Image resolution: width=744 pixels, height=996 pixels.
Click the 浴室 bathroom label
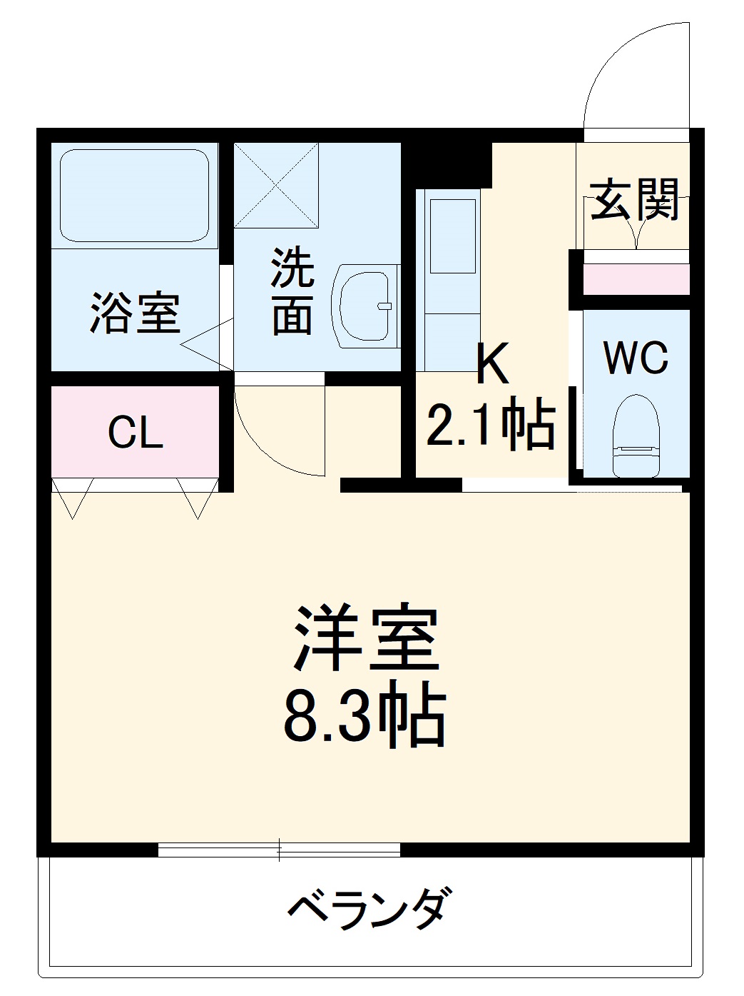134,313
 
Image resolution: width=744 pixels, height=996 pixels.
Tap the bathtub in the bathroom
134,196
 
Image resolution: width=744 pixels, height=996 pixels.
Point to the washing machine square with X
277,185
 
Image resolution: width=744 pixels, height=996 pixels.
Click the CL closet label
136,432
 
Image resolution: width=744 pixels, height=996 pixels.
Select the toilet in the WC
636,436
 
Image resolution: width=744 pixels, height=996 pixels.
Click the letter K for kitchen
493,365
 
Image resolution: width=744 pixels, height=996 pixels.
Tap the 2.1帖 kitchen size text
491,426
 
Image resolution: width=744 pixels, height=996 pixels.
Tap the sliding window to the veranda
279,850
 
